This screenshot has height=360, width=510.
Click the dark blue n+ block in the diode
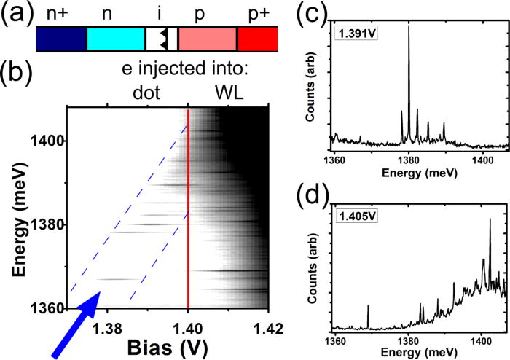(x=60, y=39)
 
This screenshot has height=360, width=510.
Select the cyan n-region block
(x=115, y=39)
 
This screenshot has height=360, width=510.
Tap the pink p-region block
(x=207, y=39)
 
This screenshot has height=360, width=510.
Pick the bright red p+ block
(x=256, y=39)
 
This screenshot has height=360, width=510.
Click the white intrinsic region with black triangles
(x=161, y=39)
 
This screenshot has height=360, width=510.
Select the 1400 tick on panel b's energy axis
(x=46, y=140)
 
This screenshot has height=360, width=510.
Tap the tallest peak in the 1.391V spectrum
(x=409, y=29)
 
